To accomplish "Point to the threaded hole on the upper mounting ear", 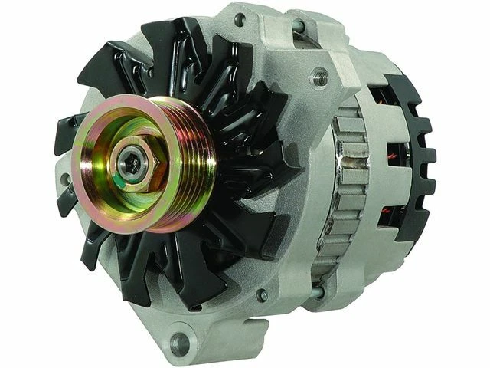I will coord(320,76).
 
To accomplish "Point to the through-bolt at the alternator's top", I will coord(299,27).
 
